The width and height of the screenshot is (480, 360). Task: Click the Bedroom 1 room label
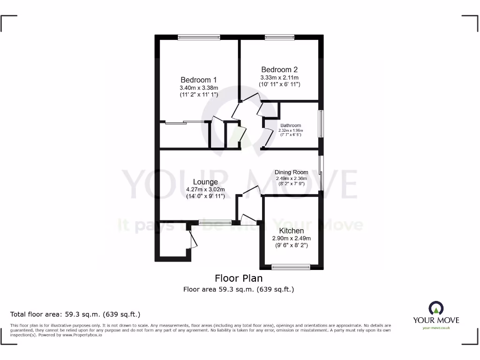coord(199,80)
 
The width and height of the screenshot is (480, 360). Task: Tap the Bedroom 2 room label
coord(279,69)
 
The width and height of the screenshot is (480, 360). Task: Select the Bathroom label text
coord(291,125)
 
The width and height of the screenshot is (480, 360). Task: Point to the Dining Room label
coord(291,172)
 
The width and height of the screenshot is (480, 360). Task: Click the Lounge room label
coord(205,182)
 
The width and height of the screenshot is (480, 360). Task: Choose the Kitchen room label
coord(292,231)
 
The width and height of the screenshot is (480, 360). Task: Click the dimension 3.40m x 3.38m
coord(199,87)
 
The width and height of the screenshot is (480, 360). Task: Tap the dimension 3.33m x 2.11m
coord(279,77)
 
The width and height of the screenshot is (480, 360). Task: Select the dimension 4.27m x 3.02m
coord(205,189)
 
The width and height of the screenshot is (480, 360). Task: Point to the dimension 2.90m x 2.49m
coord(292,238)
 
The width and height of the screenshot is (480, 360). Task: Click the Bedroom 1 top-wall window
coord(199,37)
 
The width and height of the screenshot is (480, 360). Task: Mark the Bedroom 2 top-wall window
coord(279,37)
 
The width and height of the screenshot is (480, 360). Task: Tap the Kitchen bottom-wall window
coord(291,267)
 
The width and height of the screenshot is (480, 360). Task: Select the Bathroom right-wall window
coord(321,123)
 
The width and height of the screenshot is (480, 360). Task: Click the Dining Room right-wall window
coord(321,173)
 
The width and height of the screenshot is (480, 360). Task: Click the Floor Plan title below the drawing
coord(239,278)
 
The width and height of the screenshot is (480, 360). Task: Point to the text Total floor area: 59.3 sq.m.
coord(75,314)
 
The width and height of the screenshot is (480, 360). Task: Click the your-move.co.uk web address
coord(436,328)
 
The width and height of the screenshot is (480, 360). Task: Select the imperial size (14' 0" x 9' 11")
coord(205,196)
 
